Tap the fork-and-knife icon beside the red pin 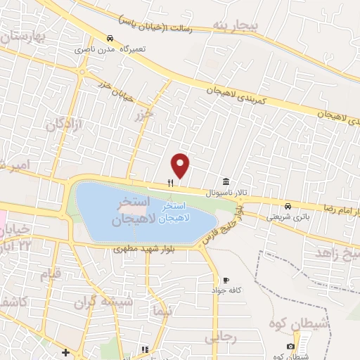click(x=170, y=182)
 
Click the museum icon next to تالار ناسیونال click(x=225, y=180)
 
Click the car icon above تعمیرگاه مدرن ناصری click(x=109, y=39)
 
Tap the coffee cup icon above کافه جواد click(x=225, y=279)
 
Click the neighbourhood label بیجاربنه click(x=238, y=26)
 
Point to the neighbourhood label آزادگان click(x=64, y=124)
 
